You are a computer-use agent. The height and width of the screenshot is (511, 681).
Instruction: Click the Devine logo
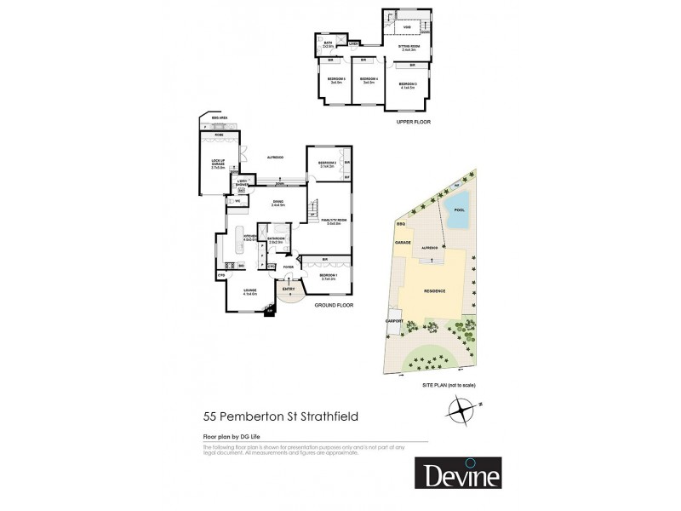[x=459, y=474]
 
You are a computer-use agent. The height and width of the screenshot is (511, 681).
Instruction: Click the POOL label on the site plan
[x=460, y=210]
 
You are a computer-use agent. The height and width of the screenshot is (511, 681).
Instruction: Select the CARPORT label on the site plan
[x=393, y=320]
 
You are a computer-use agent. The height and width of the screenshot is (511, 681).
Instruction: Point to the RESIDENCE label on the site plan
[x=435, y=291]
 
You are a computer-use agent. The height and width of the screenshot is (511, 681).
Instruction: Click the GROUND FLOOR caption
[x=333, y=304]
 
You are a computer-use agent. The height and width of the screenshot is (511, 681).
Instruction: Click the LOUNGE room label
[x=249, y=291]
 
